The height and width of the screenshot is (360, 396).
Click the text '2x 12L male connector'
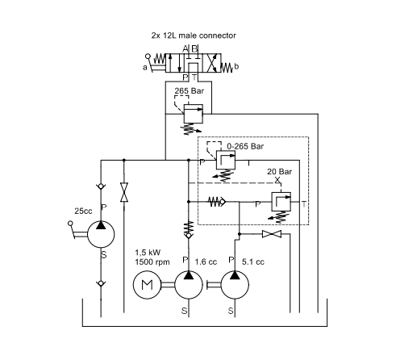(194, 36)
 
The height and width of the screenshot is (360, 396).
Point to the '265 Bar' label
(190, 91)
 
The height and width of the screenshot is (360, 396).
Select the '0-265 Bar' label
(245, 146)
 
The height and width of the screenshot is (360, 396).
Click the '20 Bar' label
(279, 172)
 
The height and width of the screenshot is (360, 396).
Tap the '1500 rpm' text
(152, 262)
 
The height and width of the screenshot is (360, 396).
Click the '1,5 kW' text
(148, 253)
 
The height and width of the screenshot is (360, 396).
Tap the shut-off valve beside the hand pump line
(124, 192)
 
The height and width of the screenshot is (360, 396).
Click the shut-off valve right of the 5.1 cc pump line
(272, 234)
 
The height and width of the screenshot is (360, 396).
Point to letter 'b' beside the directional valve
(236, 66)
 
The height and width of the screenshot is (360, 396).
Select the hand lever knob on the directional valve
(148, 57)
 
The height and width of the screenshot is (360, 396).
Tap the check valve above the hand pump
(101, 186)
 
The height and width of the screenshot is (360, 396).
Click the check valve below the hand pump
(101, 283)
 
